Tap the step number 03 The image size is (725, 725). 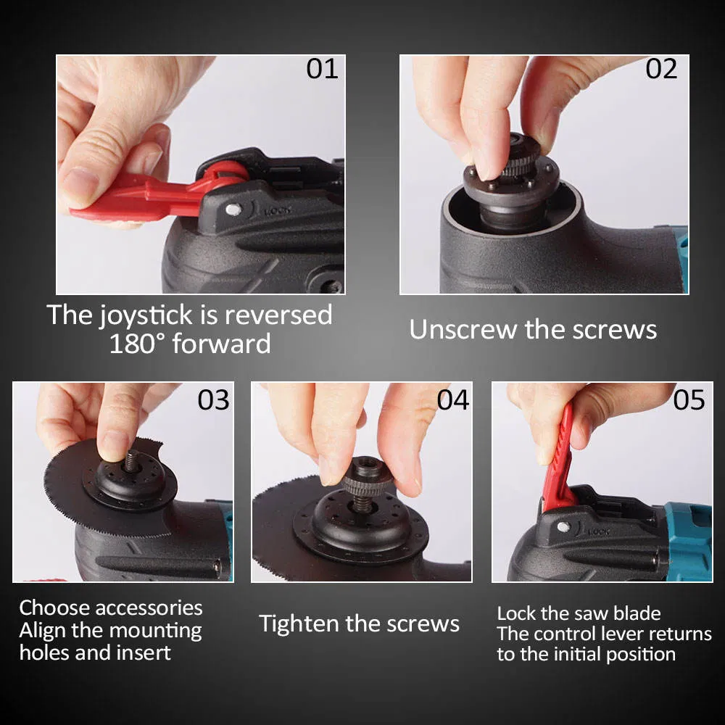click(213, 400)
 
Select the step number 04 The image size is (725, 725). click(452, 400)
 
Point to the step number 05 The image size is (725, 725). click(689, 400)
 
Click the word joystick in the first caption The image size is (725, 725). click(146, 316)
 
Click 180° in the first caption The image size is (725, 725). click(137, 344)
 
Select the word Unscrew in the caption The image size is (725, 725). click(463, 330)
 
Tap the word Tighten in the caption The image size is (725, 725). click(299, 623)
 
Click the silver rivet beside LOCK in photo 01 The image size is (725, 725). click(233, 210)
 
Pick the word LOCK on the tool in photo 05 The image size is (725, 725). click(599, 531)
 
